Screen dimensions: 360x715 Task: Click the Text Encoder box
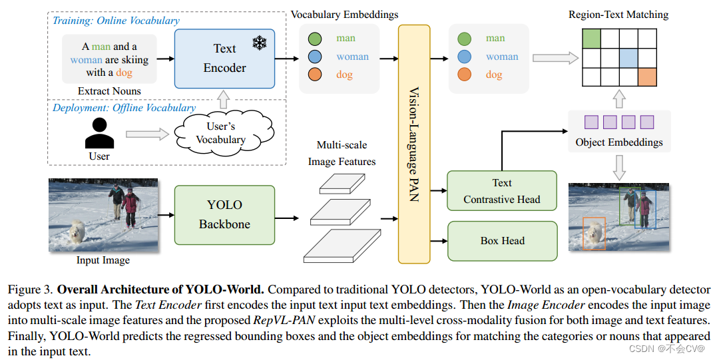224,59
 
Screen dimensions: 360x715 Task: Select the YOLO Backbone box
224,214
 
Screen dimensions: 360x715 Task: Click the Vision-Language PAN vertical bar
413,143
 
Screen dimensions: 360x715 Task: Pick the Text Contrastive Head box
501,191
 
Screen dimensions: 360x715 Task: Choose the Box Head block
502,241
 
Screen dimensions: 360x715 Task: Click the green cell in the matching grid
591,39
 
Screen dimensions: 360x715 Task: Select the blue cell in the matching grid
628,58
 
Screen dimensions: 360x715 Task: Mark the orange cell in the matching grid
647,77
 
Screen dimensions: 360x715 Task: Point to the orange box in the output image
593,234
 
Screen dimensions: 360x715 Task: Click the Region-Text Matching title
618,14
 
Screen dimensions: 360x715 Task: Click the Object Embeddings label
618,142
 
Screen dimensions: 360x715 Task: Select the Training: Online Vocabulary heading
116,21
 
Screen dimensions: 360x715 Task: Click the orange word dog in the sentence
124,73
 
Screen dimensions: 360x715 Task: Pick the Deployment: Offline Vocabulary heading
124,108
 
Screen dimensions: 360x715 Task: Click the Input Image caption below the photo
103,260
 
